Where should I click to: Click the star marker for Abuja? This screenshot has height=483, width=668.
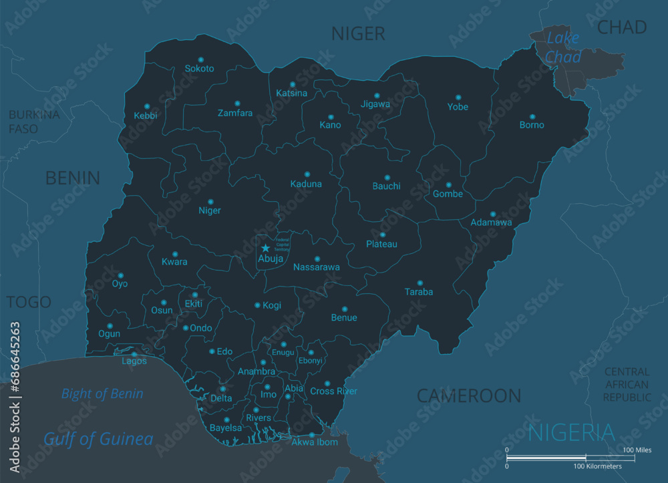(265, 248)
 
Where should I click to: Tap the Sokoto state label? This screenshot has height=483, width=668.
(199, 69)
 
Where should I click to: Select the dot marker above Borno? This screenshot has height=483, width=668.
(532, 116)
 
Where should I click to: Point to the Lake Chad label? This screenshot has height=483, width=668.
(562, 47)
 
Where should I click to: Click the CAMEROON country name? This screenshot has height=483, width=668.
(469, 395)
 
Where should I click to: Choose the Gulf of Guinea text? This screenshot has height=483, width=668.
(98, 439)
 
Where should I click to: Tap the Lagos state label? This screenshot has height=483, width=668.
(134, 361)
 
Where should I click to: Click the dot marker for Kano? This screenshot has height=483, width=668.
(330, 116)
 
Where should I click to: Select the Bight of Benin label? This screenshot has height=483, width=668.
(102, 393)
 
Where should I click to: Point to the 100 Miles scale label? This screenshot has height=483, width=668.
(637, 450)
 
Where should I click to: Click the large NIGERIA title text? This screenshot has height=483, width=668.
(571, 432)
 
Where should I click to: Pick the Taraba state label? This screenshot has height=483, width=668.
(419, 292)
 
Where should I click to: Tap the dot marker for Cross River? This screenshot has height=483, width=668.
(327, 383)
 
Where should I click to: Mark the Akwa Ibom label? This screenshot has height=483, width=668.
(315, 442)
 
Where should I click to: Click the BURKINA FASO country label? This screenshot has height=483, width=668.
(33, 122)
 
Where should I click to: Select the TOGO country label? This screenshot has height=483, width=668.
(29, 302)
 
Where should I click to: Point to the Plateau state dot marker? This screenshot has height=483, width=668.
(382, 234)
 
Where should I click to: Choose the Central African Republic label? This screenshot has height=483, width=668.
(627, 384)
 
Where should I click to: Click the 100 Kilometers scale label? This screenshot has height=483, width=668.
(597, 466)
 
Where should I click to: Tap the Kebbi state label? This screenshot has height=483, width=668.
(146, 116)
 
